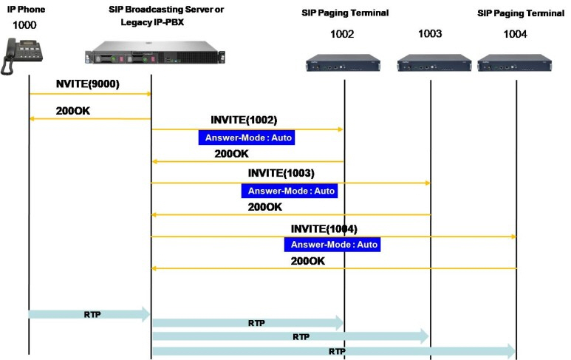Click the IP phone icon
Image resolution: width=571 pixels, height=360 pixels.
pyautogui.click(x=22, y=56)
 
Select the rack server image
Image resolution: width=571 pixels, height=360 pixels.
pyautogui.click(x=155, y=52)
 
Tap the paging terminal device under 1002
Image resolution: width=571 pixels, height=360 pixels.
pyautogui.click(x=343, y=63)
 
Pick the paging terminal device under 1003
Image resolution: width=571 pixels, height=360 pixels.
pyautogui.click(x=434, y=63)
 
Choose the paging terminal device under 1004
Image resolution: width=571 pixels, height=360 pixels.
pyautogui.click(x=515, y=63)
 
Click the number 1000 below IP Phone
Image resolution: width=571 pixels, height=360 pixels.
pyautogui.click(x=24, y=25)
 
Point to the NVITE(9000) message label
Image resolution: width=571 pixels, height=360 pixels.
pyautogui.click(x=88, y=84)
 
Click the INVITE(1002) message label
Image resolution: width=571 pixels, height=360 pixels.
pyautogui.click(x=244, y=120)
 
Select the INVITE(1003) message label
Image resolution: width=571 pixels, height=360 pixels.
pyautogui.click(x=281, y=173)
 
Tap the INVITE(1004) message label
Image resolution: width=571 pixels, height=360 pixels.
pyautogui.click(x=324, y=229)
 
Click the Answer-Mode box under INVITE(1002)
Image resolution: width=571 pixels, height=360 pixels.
pyautogui.click(x=247, y=137)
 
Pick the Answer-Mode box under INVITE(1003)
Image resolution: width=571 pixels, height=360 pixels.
pyautogui.click(x=290, y=191)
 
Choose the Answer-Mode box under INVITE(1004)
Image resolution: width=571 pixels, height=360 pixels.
pyautogui.click(x=332, y=245)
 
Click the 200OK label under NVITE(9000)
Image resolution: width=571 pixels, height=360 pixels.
pyautogui.click(x=73, y=111)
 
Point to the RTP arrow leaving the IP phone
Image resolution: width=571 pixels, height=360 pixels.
pyautogui.click(x=89, y=314)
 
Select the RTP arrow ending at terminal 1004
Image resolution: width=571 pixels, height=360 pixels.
pyautogui.click(x=334, y=351)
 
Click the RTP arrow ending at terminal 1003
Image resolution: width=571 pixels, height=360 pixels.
pyautogui.click(x=290, y=336)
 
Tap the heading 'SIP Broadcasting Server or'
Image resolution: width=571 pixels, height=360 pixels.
pyautogui.click(x=166, y=10)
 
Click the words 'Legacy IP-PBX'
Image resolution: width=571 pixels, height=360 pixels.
pyautogui.click(x=152, y=22)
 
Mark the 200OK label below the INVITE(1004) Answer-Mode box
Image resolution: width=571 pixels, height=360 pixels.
pyautogui.click(x=308, y=261)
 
